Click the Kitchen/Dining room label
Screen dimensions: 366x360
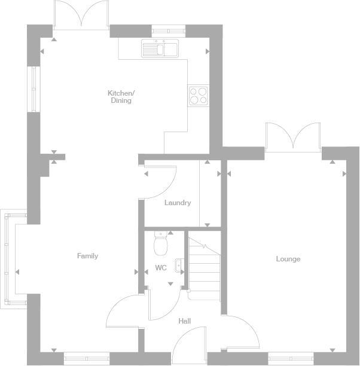point(121,97)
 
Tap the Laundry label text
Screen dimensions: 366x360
point(178,203)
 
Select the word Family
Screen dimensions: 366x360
point(87,256)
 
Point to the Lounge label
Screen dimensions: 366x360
point(288,259)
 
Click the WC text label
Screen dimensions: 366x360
point(161,268)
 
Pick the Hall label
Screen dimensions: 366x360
point(185,321)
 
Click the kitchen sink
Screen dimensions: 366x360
point(160,48)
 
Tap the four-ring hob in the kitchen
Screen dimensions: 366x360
point(199,96)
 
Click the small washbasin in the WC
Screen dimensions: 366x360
point(179,266)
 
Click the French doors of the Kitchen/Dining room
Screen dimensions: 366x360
point(81,15)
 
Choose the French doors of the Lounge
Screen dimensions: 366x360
point(293,136)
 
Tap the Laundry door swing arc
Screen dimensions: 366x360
point(160,182)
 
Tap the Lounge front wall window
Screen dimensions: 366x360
point(290,358)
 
